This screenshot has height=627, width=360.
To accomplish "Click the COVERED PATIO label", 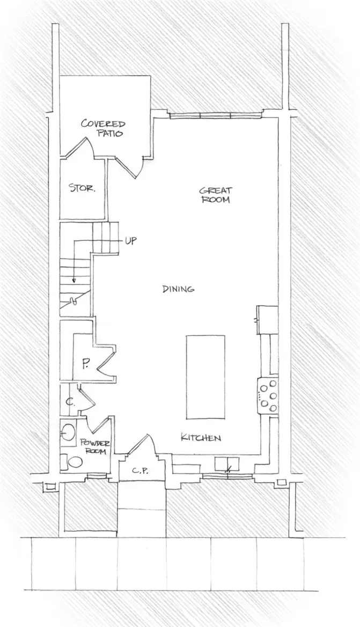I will point(103,128).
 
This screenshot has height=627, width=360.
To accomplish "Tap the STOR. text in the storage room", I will point(82,188).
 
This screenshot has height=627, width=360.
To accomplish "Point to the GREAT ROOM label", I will point(215,195).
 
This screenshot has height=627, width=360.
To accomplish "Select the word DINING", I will point(178,289).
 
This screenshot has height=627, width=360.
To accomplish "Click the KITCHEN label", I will point(200,438).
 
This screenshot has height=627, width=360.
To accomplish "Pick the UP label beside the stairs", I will point(130,240).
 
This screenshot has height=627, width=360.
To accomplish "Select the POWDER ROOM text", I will point(95,447).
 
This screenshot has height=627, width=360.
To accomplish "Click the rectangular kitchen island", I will point(205,376).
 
